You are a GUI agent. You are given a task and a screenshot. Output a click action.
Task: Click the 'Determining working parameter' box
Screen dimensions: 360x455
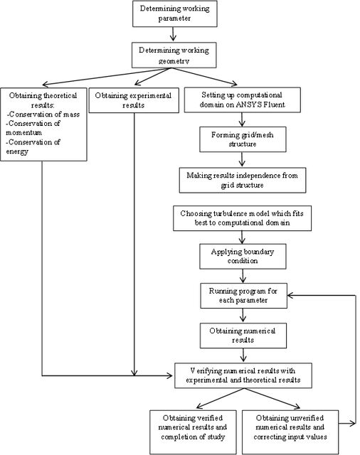(x=175, y=14)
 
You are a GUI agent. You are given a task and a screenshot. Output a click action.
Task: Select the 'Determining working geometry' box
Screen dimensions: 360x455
(x=174, y=55)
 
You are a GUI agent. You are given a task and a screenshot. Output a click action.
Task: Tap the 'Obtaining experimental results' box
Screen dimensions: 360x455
(x=134, y=100)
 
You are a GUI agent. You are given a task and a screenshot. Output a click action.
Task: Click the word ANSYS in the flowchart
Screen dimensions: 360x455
(x=248, y=105)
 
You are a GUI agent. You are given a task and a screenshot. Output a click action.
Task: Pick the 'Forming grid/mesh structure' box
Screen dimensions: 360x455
(x=243, y=139)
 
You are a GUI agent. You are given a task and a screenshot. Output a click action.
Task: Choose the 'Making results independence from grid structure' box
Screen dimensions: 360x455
(x=243, y=180)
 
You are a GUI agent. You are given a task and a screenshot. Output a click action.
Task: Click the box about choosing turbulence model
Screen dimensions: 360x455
(x=242, y=218)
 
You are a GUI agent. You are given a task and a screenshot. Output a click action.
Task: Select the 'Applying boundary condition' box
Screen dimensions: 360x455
(x=243, y=256)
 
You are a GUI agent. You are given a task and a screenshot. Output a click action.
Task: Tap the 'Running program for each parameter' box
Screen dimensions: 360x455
(x=243, y=296)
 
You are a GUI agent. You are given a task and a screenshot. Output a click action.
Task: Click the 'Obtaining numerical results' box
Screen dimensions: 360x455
(x=243, y=336)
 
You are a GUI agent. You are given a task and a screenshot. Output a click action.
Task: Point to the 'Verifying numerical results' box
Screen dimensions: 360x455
(x=243, y=375)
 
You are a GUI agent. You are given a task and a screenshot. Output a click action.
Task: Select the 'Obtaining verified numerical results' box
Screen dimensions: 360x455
(x=193, y=432)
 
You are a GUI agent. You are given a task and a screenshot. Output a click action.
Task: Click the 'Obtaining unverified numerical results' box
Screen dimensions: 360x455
(x=290, y=432)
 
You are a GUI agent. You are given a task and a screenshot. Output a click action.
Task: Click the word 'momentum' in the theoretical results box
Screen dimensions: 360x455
(x=23, y=133)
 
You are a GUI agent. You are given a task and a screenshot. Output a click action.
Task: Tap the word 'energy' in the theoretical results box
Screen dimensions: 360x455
(x=17, y=151)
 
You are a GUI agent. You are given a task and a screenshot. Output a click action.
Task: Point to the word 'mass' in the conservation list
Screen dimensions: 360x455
(x=71, y=114)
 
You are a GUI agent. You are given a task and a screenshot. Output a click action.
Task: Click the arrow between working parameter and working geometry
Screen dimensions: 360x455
(x=174, y=34)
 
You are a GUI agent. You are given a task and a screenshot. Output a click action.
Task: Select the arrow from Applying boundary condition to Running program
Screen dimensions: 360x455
(x=243, y=276)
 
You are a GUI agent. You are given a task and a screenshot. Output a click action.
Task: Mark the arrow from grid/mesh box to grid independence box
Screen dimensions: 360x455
(x=242, y=159)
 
